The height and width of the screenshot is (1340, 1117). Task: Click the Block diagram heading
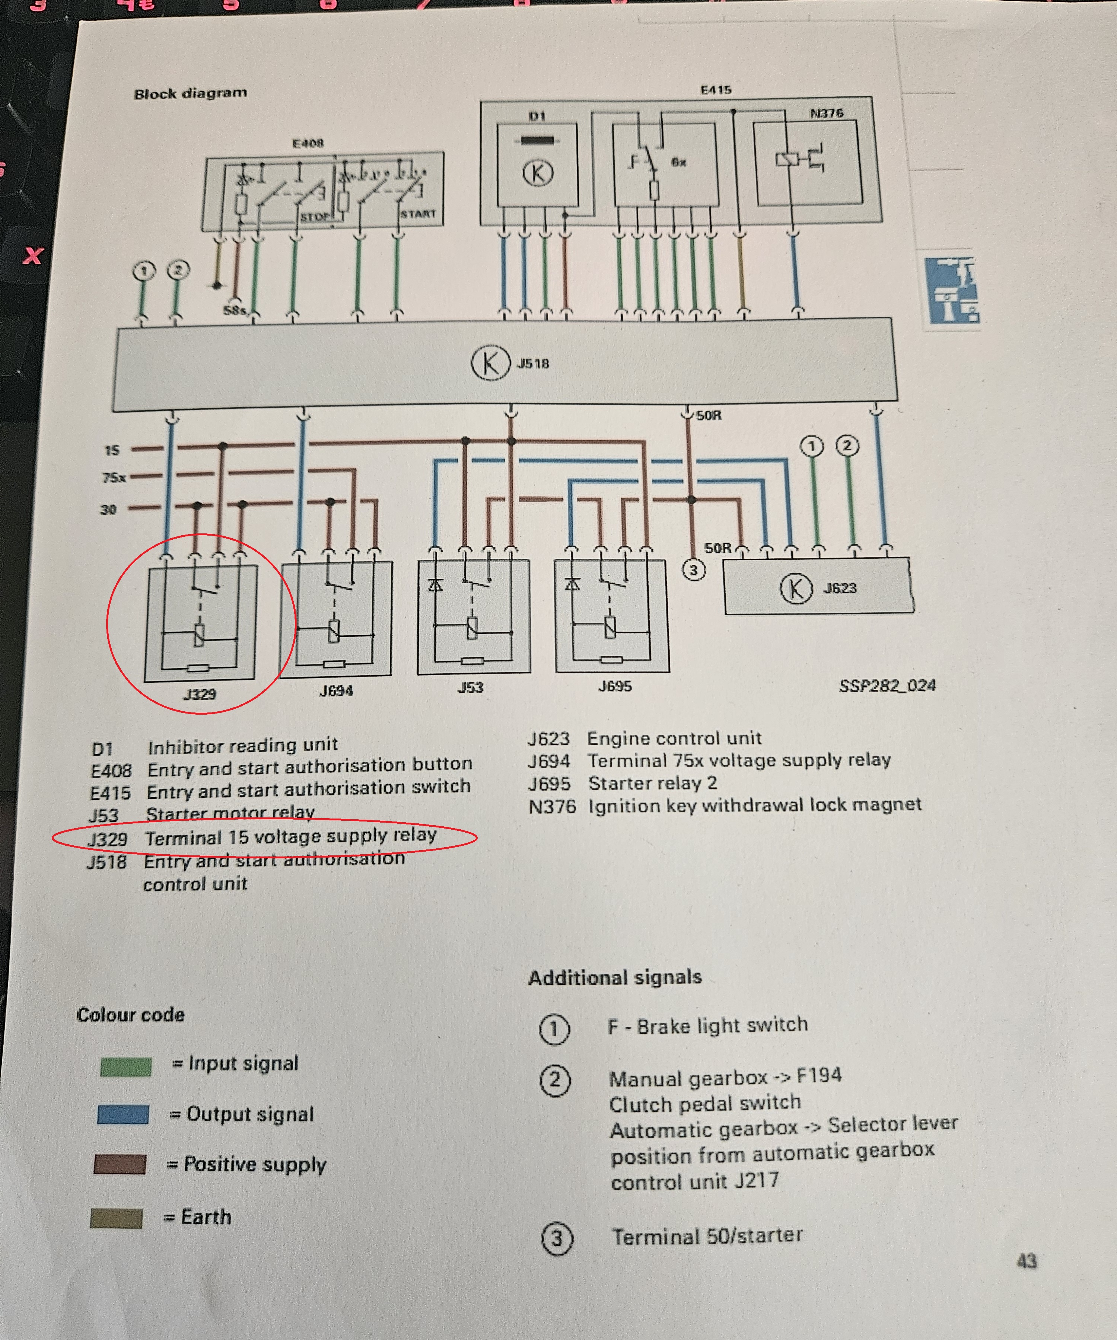pos(190,93)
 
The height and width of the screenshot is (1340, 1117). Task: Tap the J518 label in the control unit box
pos(532,364)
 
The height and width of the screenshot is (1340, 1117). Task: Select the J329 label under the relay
pos(199,693)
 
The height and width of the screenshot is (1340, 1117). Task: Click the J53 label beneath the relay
pos(470,687)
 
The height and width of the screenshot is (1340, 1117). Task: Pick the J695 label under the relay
pos(615,686)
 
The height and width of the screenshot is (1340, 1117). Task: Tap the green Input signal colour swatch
pos(126,1067)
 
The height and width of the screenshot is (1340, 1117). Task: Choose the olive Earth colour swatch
pos(116,1218)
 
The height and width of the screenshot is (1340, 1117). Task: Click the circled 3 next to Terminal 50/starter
pos(557,1238)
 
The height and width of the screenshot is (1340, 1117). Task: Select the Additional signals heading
pos(615,977)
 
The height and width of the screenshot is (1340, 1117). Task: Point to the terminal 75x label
pos(114,477)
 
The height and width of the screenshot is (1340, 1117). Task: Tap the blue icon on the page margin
pos(951,290)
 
